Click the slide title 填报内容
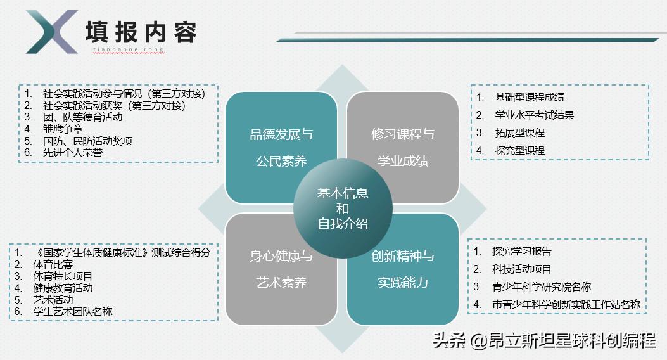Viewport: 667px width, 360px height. point(141,32)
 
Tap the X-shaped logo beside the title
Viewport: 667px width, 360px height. point(51,32)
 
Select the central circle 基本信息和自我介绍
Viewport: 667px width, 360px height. point(343,209)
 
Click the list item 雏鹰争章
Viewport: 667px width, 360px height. point(64,129)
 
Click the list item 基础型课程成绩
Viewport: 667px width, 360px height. point(529,97)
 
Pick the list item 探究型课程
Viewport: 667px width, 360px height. point(519,150)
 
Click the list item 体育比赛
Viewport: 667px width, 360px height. point(53,264)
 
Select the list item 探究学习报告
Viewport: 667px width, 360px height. point(521,251)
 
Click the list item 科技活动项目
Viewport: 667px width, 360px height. point(521,269)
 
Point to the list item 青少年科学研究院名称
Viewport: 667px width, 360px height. point(541,286)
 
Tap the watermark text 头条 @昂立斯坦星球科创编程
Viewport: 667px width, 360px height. point(544,341)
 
